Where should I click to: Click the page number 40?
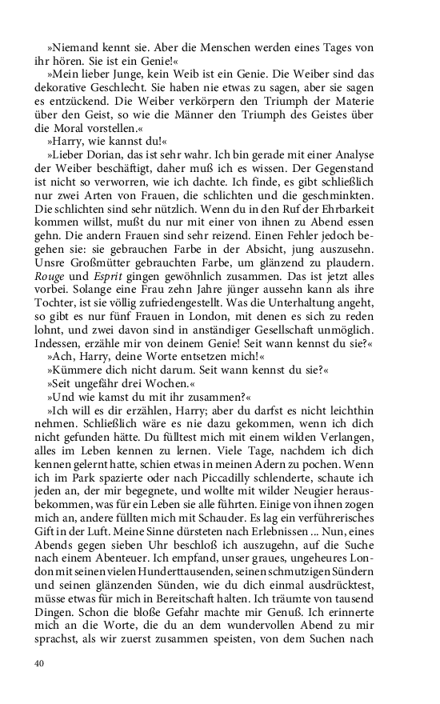pos(39,663)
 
